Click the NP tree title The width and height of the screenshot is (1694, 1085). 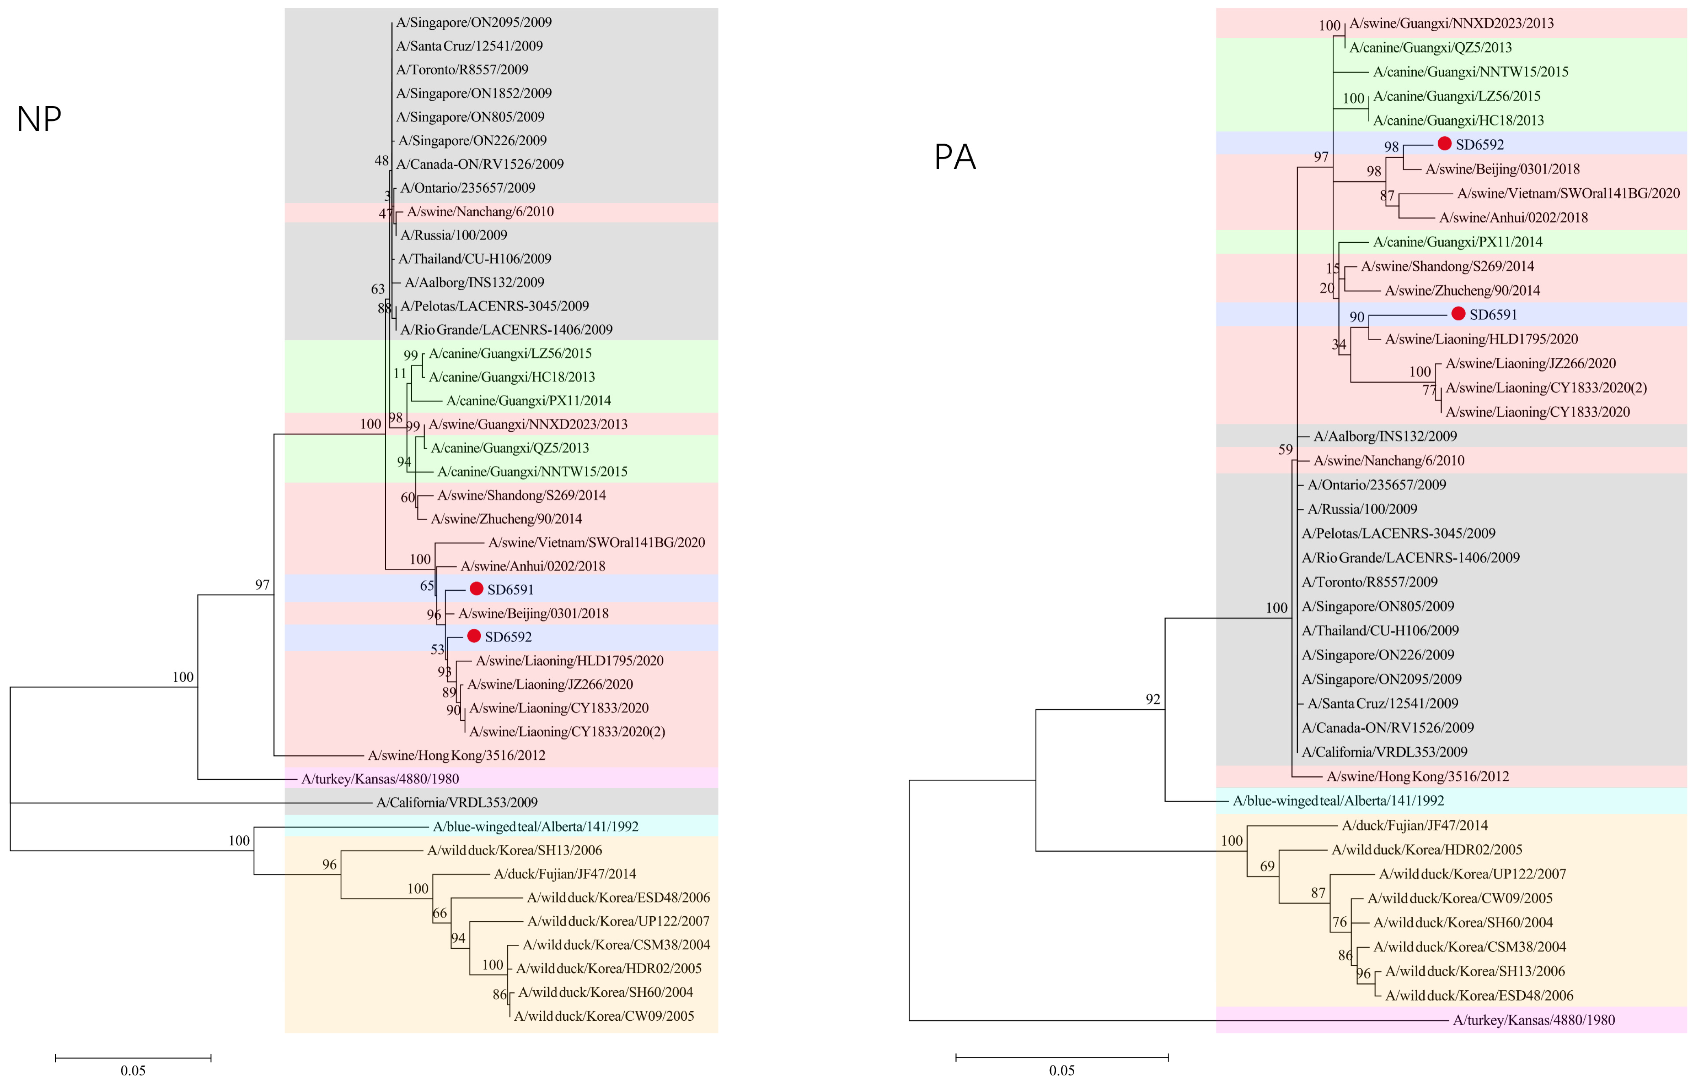(x=39, y=119)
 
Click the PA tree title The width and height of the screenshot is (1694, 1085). (x=954, y=157)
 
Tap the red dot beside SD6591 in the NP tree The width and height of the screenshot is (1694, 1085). (x=476, y=588)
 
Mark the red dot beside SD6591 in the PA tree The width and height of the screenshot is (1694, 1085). (x=1458, y=313)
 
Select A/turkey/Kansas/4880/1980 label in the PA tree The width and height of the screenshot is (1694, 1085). (x=1533, y=1020)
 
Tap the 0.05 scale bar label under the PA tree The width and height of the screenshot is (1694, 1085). (x=1062, y=1070)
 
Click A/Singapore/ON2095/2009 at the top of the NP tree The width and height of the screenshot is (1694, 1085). (x=473, y=22)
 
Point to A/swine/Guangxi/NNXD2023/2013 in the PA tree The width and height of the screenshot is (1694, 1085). (x=1451, y=23)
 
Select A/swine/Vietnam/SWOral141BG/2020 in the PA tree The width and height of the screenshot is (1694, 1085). (x=1568, y=193)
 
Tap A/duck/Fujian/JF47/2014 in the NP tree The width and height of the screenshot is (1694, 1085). (x=565, y=874)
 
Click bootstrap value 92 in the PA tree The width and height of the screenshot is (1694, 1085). (x=1152, y=699)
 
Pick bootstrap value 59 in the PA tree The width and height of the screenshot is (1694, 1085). (x=1286, y=449)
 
